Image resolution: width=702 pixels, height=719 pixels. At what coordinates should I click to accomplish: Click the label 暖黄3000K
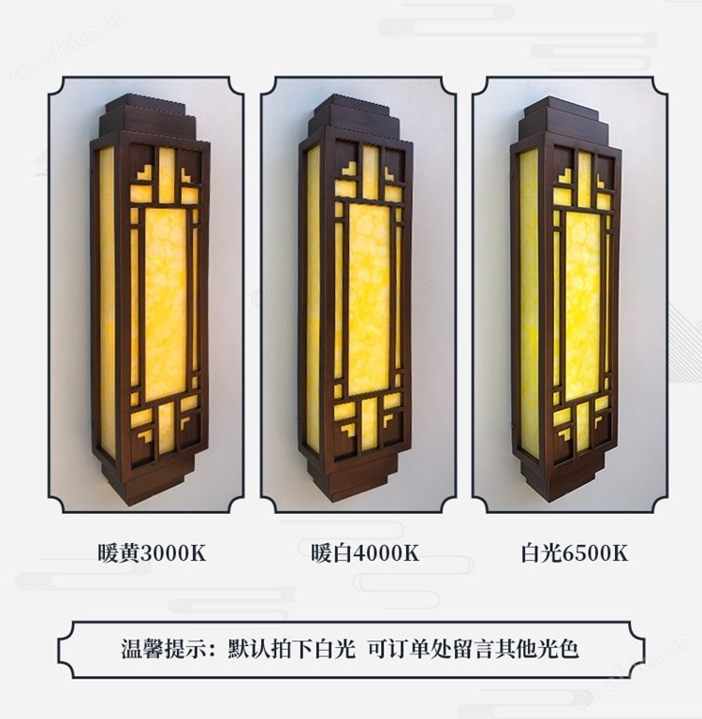pyautogui.click(x=152, y=552)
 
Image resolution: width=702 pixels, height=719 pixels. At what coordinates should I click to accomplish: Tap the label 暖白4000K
pyautogui.click(x=365, y=552)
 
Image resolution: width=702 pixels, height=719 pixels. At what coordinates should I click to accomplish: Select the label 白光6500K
pyautogui.click(x=574, y=552)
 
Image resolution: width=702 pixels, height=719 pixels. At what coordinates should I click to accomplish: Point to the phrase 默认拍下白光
pyautogui.click(x=292, y=649)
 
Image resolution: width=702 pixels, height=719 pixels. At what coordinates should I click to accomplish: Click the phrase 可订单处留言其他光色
pyautogui.click(x=474, y=649)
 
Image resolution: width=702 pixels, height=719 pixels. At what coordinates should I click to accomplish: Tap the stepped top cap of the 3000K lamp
pyautogui.click(x=148, y=115)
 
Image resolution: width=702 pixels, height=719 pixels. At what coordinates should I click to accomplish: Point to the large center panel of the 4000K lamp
pyautogui.click(x=369, y=299)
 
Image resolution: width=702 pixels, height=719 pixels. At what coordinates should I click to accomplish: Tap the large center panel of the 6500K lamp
pyautogui.click(x=583, y=306)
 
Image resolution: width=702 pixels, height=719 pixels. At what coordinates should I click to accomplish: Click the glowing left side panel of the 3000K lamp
pyautogui.click(x=107, y=301)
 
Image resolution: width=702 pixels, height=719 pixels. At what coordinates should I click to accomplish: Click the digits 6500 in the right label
pyautogui.click(x=587, y=553)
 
